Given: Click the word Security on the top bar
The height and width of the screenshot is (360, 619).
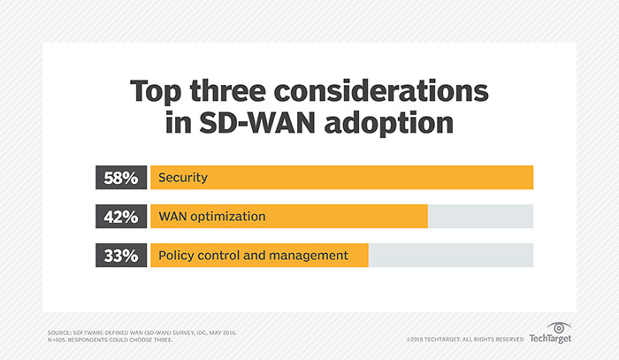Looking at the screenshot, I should (182, 178).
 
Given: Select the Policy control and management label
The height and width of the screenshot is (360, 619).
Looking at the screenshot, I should (251, 256).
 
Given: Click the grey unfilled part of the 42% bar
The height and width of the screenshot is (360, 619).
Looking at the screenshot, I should (480, 217).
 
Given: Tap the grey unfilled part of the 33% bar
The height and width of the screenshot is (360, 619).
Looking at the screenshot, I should (450, 256).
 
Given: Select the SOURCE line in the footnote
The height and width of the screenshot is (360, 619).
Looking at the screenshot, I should (141, 332).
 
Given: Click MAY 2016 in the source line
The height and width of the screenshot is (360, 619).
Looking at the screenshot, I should (220, 332).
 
